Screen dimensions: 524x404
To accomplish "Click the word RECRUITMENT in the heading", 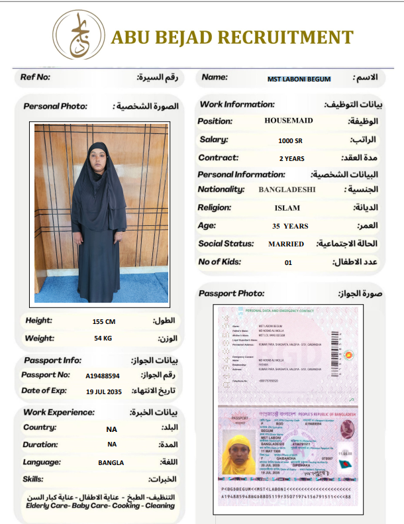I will click(283, 37).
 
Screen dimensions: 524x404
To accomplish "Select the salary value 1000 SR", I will click(289, 140).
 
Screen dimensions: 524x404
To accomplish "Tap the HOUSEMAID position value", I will click(289, 121).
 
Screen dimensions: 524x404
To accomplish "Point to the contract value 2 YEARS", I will click(291, 159).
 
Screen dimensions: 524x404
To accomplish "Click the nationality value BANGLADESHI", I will click(287, 189).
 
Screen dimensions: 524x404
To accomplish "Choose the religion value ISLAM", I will click(287, 208).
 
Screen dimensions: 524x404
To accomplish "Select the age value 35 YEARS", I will click(290, 226).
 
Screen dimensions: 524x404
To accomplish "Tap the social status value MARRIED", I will click(286, 244).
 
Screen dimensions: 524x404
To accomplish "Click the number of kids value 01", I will click(288, 262).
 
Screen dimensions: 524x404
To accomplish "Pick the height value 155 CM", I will click(104, 322).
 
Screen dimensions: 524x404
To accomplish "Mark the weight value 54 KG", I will click(103, 339).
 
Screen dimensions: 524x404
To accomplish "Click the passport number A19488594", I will click(103, 376).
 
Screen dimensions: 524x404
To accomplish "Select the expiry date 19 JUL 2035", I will click(104, 391).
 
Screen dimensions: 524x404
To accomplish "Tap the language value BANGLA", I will click(111, 462).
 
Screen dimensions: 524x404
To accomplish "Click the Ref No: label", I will click(35, 77).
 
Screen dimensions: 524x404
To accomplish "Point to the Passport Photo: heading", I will click(232, 293).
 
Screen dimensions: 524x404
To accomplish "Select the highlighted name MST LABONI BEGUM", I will click(299, 79).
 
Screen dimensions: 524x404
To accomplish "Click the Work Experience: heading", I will click(58, 412).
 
